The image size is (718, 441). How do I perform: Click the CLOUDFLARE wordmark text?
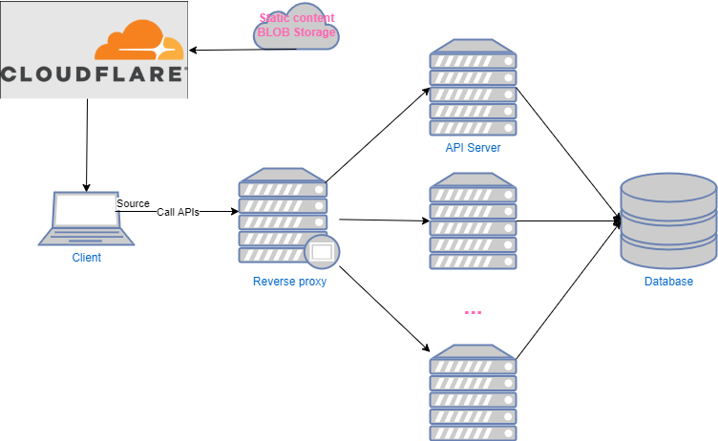click(x=94, y=74)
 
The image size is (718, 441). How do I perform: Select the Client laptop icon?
click(x=85, y=218)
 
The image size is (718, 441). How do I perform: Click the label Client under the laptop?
click(x=86, y=258)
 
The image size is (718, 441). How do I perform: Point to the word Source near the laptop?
click(x=133, y=203)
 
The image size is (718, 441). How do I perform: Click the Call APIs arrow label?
click(x=178, y=213)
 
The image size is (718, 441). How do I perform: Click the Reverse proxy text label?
click(x=289, y=282)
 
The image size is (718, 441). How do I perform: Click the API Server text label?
click(x=473, y=148)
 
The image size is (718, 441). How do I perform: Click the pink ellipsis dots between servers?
click(x=473, y=312)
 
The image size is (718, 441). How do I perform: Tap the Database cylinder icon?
click(x=667, y=221)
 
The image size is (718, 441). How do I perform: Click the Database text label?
click(x=668, y=282)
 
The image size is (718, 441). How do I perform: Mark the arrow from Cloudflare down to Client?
click(x=87, y=143)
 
